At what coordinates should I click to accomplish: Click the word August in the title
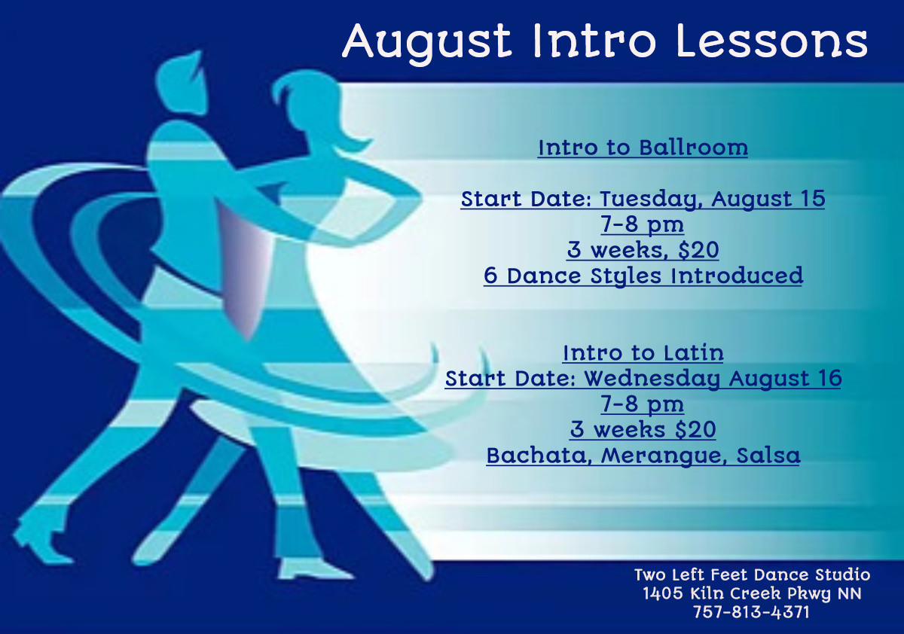pos(427,43)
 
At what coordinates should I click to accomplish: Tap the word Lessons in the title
pos(772,41)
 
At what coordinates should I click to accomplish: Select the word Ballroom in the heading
pos(693,148)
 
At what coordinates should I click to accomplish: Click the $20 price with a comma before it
pos(698,250)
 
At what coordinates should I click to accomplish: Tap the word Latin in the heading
pos(694,353)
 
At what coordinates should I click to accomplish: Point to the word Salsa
pos(768,456)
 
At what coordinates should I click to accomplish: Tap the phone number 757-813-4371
pos(751,612)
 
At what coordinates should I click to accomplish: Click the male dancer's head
pos(182,84)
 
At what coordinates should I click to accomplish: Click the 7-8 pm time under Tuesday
pos(642,224)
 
